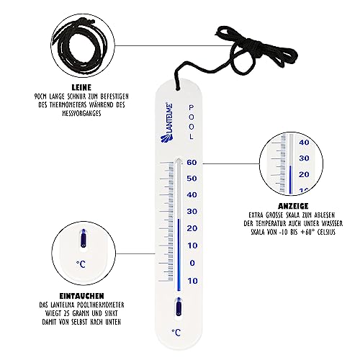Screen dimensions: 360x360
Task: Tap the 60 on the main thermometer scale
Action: [192, 162]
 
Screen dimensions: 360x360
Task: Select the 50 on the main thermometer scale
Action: [192, 179]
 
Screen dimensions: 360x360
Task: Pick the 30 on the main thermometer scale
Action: [192, 212]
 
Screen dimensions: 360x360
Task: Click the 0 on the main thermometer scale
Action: [193, 262]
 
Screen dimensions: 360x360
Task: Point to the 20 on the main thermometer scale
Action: [192, 228]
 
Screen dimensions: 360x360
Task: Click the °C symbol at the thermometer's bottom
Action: [176, 331]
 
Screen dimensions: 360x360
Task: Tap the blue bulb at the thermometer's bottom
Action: [176, 309]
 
